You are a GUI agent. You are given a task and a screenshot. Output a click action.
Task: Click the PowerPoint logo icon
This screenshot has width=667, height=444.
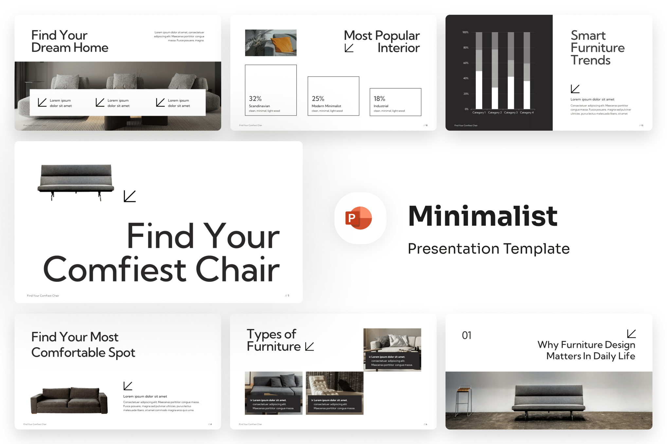click(x=359, y=218)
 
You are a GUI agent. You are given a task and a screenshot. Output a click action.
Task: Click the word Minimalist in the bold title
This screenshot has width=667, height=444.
click(x=482, y=216)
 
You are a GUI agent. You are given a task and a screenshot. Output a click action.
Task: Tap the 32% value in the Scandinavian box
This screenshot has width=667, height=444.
click(x=255, y=98)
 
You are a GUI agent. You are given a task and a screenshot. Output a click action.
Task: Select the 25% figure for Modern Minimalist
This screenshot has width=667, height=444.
click(x=318, y=98)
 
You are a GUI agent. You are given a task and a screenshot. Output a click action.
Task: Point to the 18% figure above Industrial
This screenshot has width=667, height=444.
click(x=379, y=98)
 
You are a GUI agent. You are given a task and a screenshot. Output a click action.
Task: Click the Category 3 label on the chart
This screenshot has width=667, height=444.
click(x=511, y=112)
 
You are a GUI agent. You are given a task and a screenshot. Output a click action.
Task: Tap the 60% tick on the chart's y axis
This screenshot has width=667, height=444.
click(x=465, y=63)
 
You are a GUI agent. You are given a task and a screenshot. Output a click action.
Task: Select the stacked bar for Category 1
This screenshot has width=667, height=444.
click(x=479, y=70)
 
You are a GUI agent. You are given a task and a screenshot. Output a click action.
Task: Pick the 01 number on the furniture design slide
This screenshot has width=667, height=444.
click(x=466, y=335)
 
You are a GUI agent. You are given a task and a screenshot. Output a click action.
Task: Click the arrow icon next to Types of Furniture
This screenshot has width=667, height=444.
click(x=310, y=347)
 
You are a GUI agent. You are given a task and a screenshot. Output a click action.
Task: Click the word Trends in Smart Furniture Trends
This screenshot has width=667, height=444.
click(x=590, y=60)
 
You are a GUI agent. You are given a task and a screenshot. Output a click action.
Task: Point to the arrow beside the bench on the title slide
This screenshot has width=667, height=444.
click(x=130, y=196)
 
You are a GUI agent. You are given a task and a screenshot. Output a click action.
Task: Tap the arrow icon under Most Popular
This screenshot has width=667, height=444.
click(x=349, y=48)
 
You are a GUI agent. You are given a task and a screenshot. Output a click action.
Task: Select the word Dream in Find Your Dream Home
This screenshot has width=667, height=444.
click(x=51, y=48)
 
